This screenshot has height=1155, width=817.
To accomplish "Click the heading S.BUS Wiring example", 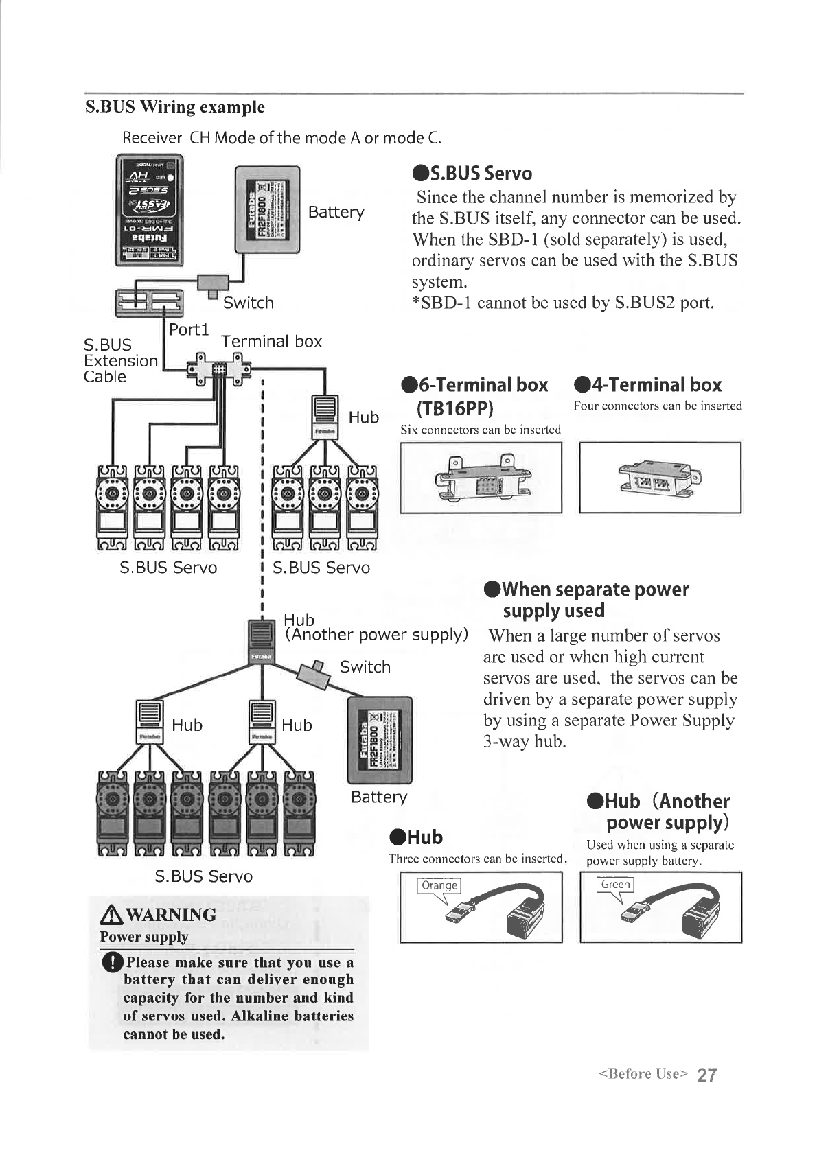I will pyautogui.click(x=174, y=107).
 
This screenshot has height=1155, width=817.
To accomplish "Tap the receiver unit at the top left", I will pyautogui.click(x=150, y=210).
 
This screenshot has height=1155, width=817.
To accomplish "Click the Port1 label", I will pyautogui.click(x=189, y=329).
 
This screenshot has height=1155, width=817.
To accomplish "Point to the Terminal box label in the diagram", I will pyautogui.click(x=271, y=342).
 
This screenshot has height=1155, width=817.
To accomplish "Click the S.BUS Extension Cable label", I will pyautogui.click(x=120, y=360).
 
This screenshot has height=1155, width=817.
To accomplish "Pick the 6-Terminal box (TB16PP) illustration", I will pyautogui.click(x=481, y=478).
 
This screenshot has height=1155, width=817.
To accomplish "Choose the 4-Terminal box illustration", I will pyautogui.click(x=660, y=478).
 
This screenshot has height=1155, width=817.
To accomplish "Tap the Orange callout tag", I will pyautogui.click(x=439, y=885).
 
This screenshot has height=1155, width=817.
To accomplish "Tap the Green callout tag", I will pyautogui.click(x=615, y=885).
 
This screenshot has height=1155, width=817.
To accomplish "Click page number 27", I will pyautogui.click(x=707, y=1075).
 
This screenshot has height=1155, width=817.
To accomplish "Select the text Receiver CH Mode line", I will pyautogui.click(x=282, y=138).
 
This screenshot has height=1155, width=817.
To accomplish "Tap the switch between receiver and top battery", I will pyautogui.click(x=213, y=282).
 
